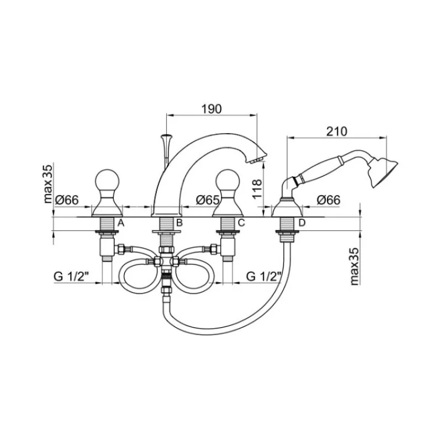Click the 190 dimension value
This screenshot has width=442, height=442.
click(212, 109)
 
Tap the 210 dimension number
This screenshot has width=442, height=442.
click(336, 131)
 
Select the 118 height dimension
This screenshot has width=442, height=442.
click(257, 190)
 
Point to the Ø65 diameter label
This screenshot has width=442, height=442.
click(208, 200)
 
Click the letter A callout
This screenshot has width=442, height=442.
click(120, 223)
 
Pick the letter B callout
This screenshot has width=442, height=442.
click(179, 223)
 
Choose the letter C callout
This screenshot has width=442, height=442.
click(241, 223)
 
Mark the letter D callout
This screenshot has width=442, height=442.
click(302, 223)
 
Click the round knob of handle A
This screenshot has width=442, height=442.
click(107, 180)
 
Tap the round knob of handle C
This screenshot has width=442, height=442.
click(227, 180)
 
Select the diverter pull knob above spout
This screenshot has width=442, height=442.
click(166, 138)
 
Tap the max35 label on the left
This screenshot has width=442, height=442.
click(48, 184)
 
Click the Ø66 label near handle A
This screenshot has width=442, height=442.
click(67, 200)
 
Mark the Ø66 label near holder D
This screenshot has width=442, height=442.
click(328, 200)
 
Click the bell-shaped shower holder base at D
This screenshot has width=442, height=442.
click(287, 208)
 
